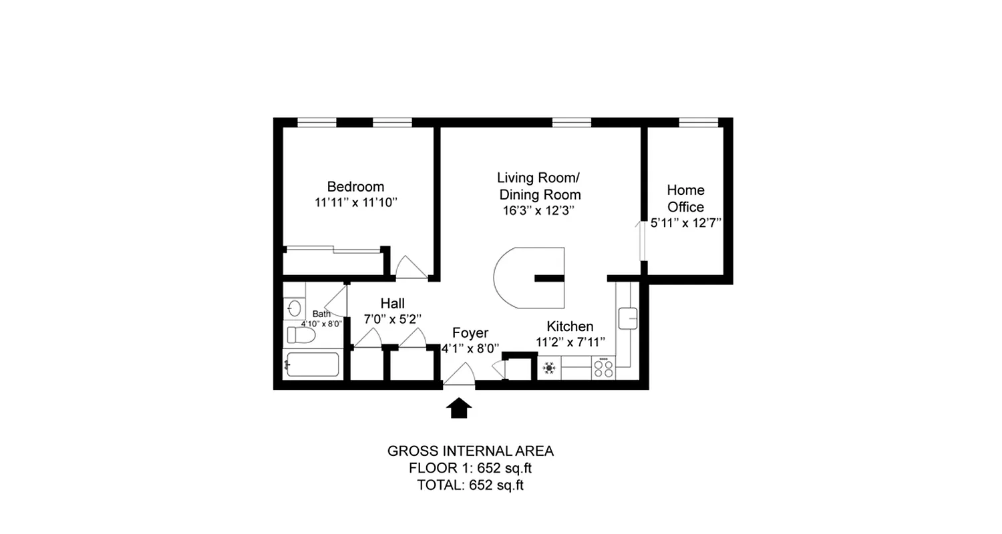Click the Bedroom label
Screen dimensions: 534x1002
[355, 186]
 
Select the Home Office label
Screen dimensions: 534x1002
[685, 198]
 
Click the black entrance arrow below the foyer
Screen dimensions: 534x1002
[459, 408]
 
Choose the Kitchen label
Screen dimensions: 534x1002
[570, 326]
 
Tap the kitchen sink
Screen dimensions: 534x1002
[628, 318]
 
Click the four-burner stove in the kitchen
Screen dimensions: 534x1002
[604, 368]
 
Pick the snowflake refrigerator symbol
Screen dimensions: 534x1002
[550, 368]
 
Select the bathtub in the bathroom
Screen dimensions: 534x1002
[313, 364]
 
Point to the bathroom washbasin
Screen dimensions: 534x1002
[294, 308]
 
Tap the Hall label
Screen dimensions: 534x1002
[392, 304]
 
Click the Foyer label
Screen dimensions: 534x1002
[470, 333]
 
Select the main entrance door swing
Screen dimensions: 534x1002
[459, 375]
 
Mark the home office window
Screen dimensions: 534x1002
[698, 122]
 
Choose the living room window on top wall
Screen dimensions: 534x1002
[572, 122]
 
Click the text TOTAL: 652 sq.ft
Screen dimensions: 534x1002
[470, 485]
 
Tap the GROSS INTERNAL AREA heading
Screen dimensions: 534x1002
[470, 451]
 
